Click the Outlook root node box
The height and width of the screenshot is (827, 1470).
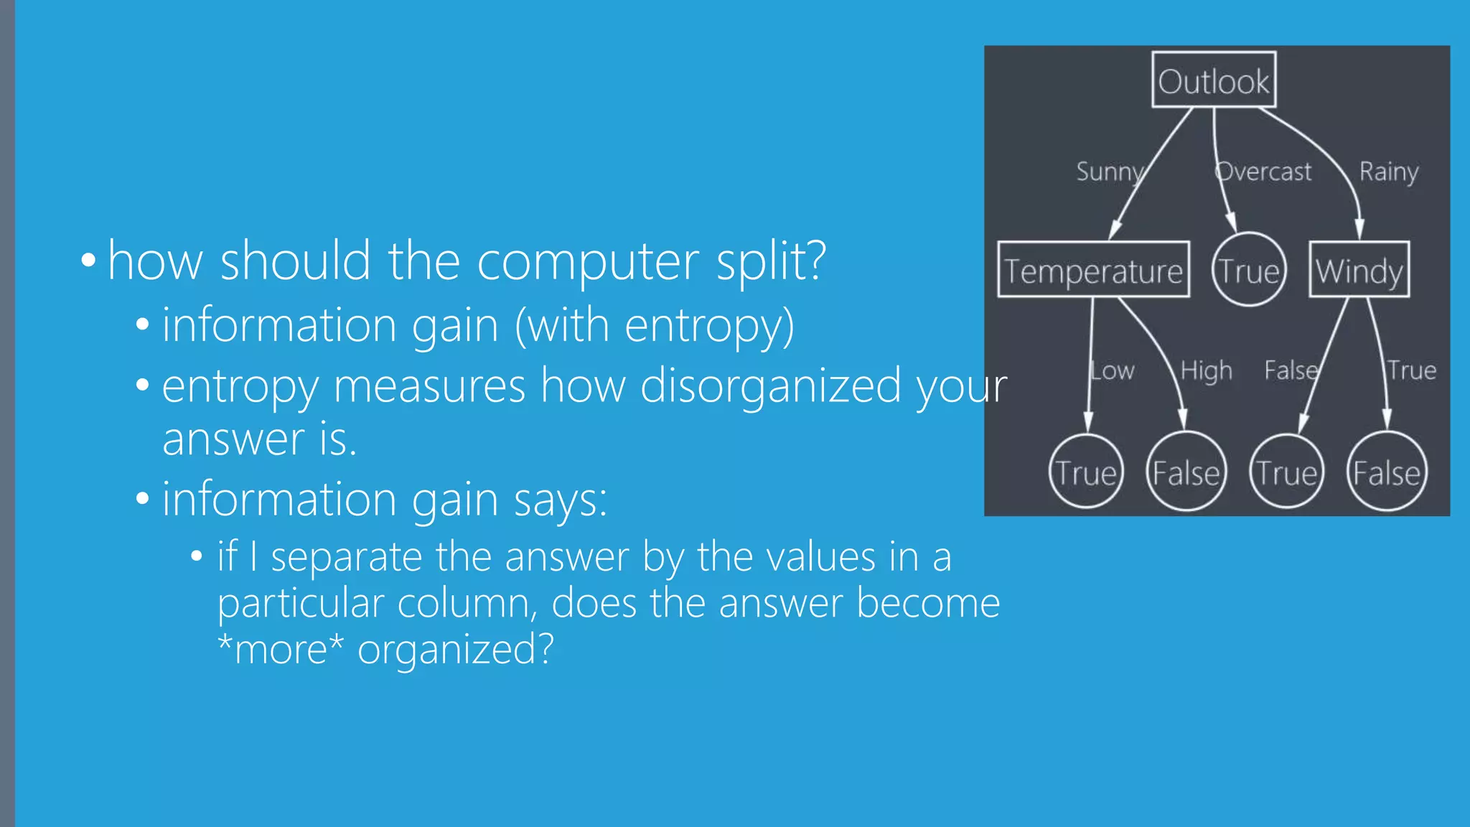(1213, 80)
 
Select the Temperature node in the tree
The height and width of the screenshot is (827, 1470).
(1093, 270)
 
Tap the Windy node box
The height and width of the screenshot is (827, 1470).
(1359, 270)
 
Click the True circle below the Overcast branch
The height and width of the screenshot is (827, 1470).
(1249, 270)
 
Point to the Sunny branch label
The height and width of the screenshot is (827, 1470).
(1110, 172)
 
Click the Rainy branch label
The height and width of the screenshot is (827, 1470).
(1389, 172)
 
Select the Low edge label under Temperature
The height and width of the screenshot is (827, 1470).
(1113, 370)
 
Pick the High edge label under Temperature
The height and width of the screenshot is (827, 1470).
(1207, 370)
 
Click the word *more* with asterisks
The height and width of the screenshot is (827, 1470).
(281, 649)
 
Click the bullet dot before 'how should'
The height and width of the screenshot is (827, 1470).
(88, 260)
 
